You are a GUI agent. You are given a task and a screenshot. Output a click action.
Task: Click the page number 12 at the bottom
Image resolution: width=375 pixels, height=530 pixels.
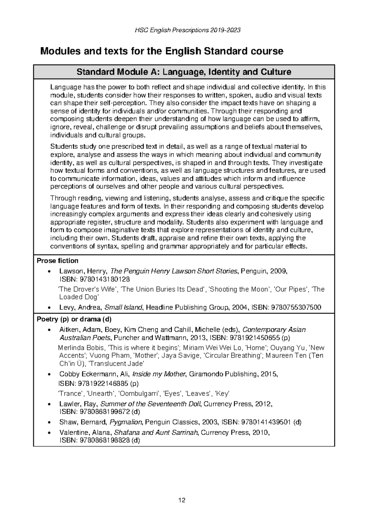click(182, 501)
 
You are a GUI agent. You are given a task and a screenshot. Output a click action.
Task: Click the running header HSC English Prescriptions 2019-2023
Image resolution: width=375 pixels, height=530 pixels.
click(187, 30)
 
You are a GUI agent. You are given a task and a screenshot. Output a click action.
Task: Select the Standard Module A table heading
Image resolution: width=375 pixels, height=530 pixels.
click(184, 72)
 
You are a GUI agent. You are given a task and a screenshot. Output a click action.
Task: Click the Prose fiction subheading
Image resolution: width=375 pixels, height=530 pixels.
click(57, 261)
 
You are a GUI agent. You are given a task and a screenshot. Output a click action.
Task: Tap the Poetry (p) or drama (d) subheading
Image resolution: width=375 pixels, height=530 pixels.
click(74, 319)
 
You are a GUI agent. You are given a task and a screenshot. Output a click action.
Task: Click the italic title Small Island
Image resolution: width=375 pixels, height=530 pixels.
click(123, 307)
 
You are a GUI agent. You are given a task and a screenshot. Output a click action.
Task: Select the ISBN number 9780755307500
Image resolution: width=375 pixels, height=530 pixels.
click(296, 307)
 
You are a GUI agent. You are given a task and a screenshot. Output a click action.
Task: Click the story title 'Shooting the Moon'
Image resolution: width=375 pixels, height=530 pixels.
click(239, 289)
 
